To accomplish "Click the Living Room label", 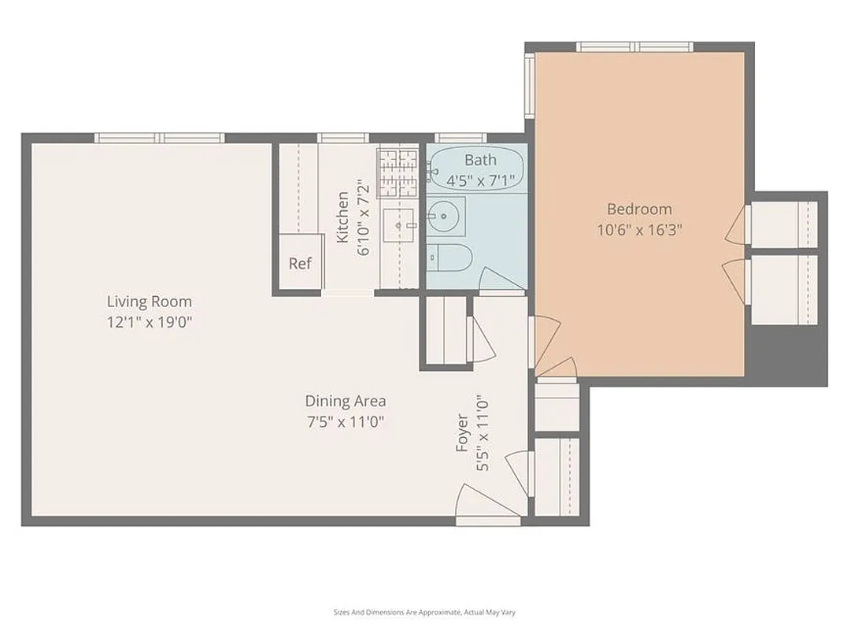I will tap(149, 302).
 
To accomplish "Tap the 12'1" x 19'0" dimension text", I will tap(149, 321).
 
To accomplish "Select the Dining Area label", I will tap(346, 401).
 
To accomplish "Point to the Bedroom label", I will tap(639, 209).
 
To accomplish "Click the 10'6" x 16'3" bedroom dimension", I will tap(639, 230).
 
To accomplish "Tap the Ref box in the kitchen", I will tap(300, 263).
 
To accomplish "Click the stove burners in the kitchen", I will tap(398, 172).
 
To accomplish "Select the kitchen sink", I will tap(399, 225).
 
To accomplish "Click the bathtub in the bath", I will tap(476, 168).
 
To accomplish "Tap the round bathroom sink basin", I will tap(446, 215).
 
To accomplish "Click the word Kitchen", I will tap(342, 217).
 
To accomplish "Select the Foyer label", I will tap(462, 434).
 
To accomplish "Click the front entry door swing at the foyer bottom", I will tap(483, 502).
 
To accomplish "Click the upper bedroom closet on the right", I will tap(783, 224).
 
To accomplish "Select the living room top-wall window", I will tap(160, 138).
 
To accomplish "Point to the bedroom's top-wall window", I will tap(635, 47).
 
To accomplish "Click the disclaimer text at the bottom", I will tap(423, 612).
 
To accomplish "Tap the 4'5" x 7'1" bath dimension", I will tap(480, 180).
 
